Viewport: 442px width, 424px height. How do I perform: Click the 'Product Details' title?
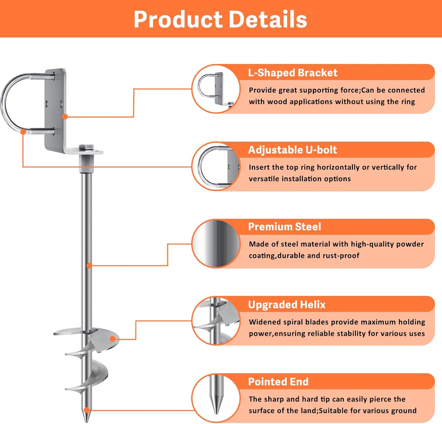220,19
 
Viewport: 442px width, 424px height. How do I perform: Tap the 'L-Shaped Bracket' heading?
293,73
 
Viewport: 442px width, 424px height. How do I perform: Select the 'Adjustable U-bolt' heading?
292,150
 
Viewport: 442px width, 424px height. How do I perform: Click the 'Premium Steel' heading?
284,227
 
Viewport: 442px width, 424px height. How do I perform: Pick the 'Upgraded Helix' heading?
287,305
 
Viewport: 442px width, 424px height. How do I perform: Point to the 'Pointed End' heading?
278,382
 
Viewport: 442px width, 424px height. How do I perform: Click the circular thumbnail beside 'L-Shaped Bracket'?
216,89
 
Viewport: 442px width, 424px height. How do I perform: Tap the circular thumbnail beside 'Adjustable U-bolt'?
216,166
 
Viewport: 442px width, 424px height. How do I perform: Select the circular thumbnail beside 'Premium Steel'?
216,244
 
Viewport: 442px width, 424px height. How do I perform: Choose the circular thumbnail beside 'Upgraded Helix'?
216,321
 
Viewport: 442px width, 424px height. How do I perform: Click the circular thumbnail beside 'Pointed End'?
216,398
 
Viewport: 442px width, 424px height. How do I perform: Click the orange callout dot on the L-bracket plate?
65,117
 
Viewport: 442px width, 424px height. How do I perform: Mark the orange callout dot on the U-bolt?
23,132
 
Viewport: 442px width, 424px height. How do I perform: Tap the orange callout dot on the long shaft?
89,266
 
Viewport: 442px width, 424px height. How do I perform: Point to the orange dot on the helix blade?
112,339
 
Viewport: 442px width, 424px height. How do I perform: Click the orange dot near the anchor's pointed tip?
86,410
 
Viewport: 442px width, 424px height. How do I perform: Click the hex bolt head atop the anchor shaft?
86,147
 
